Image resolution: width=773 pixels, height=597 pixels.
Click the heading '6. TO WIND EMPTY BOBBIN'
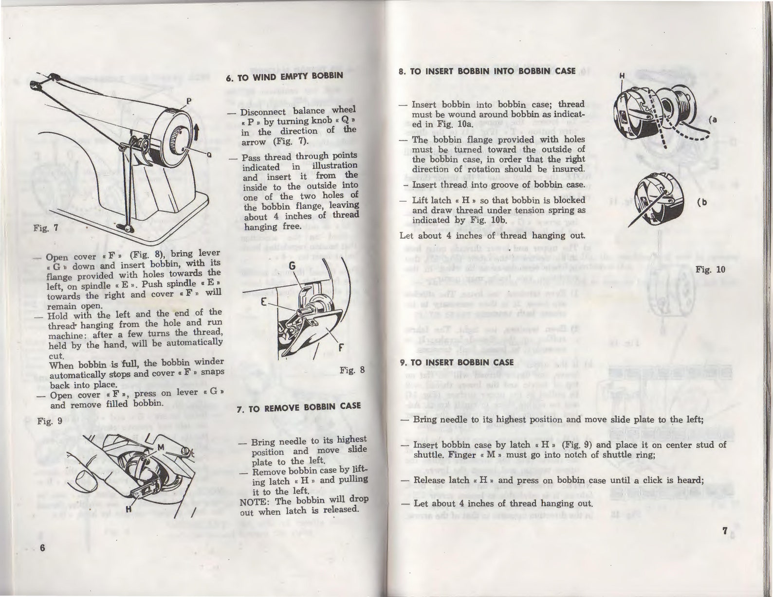[x=285, y=76]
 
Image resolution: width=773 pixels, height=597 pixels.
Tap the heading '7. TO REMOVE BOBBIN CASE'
[x=298, y=408]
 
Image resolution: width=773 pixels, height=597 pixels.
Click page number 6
[x=42, y=548]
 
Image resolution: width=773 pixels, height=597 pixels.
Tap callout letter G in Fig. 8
[x=292, y=266]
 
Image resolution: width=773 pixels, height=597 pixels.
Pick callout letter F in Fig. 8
[x=341, y=348]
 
